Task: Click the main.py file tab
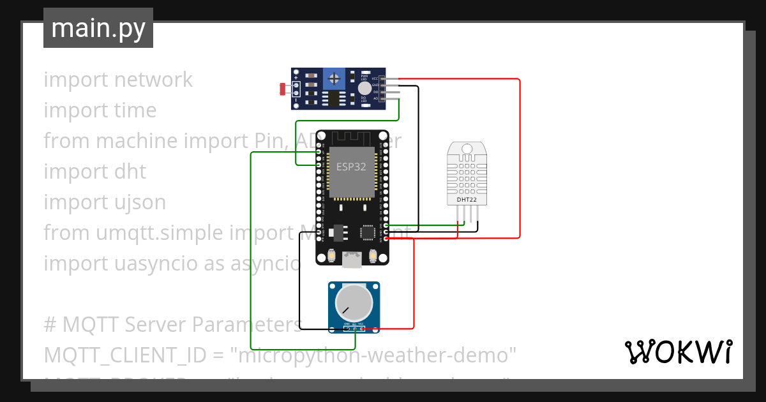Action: tap(98, 28)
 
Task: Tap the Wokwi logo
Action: tap(677, 352)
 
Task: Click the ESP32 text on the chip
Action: tap(351, 167)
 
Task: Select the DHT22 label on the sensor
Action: tap(467, 200)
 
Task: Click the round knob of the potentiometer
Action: tap(354, 304)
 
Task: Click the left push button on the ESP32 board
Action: tap(332, 257)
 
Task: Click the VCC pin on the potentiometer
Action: tap(361, 329)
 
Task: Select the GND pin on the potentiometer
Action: tap(347, 329)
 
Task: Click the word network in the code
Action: tap(153, 80)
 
